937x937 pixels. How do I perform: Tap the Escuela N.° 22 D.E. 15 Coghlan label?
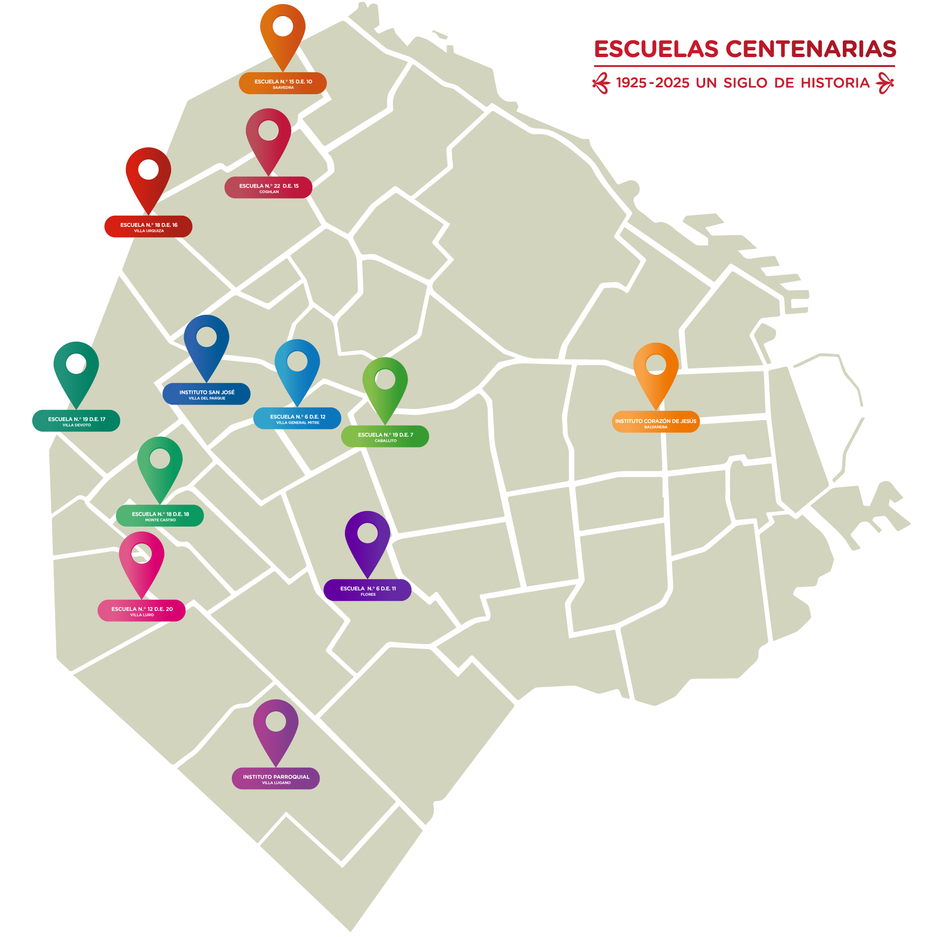(268, 188)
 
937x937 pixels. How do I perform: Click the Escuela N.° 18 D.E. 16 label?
(148, 227)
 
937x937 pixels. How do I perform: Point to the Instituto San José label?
(206, 394)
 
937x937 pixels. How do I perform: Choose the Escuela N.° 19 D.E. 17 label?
(76, 421)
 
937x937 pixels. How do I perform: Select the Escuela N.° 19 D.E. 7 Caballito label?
(385, 437)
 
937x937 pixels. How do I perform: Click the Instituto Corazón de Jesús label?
(655, 423)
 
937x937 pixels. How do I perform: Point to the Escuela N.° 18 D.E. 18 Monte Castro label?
(160, 516)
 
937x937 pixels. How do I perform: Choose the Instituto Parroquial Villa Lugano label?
(276, 779)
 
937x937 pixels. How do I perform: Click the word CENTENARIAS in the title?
(811, 49)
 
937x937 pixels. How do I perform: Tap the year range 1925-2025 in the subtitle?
(652, 83)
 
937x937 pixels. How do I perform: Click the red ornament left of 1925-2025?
(601, 83)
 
